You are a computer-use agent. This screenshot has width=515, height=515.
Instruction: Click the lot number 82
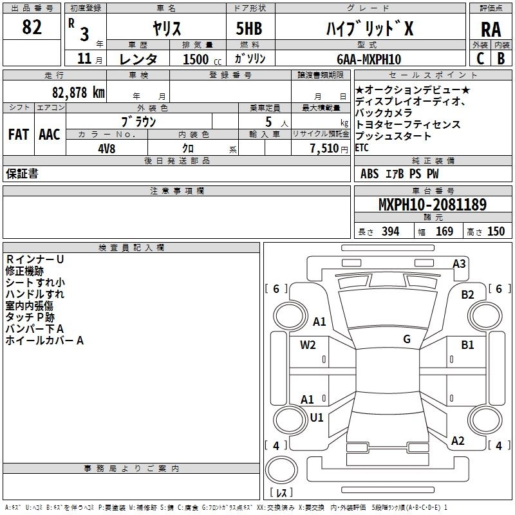(32, 28)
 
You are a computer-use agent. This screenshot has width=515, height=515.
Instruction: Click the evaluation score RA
(491, 30)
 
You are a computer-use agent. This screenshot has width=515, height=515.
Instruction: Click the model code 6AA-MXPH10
(368, 59)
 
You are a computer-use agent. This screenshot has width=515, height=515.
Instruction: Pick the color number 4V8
(108, 147)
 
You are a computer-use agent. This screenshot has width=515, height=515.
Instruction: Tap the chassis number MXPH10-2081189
(432, 205)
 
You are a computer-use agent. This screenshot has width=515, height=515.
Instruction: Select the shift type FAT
(18, 135)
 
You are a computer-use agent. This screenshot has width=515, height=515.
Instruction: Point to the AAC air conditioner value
(49, 135)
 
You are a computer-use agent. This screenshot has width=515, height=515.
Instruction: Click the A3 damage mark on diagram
(459, 263)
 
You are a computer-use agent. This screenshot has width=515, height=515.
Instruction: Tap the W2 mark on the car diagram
(308, 344)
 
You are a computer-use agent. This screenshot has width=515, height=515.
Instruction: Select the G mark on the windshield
(406, 339)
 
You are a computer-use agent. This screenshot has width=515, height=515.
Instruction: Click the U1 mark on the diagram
(316, 417)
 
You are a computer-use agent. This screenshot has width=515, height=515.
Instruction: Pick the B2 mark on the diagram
(467, 295)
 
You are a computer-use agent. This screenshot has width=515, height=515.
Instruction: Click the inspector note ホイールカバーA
(45, 341)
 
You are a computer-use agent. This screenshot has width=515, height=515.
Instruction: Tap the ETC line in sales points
(362, 147)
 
